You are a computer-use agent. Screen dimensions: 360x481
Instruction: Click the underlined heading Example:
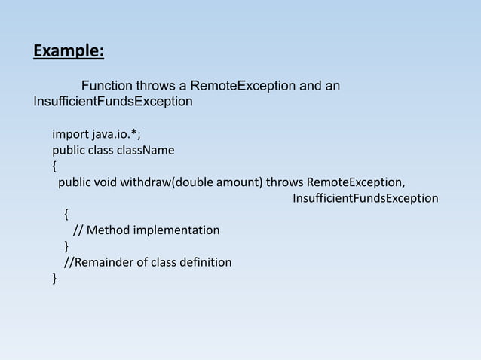[x=69, y=51]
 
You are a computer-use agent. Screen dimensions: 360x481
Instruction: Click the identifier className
[x=146, y=151]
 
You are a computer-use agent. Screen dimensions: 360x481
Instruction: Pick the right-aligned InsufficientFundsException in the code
[x=365, y=198]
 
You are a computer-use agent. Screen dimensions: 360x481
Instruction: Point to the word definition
[x=205, y=262]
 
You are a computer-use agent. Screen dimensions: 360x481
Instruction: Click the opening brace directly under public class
[x=54, y=166]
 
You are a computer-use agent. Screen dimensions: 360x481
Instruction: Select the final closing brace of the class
[x=54, y=279]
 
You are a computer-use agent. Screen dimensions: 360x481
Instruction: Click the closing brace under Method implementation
[x=67, y=246]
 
